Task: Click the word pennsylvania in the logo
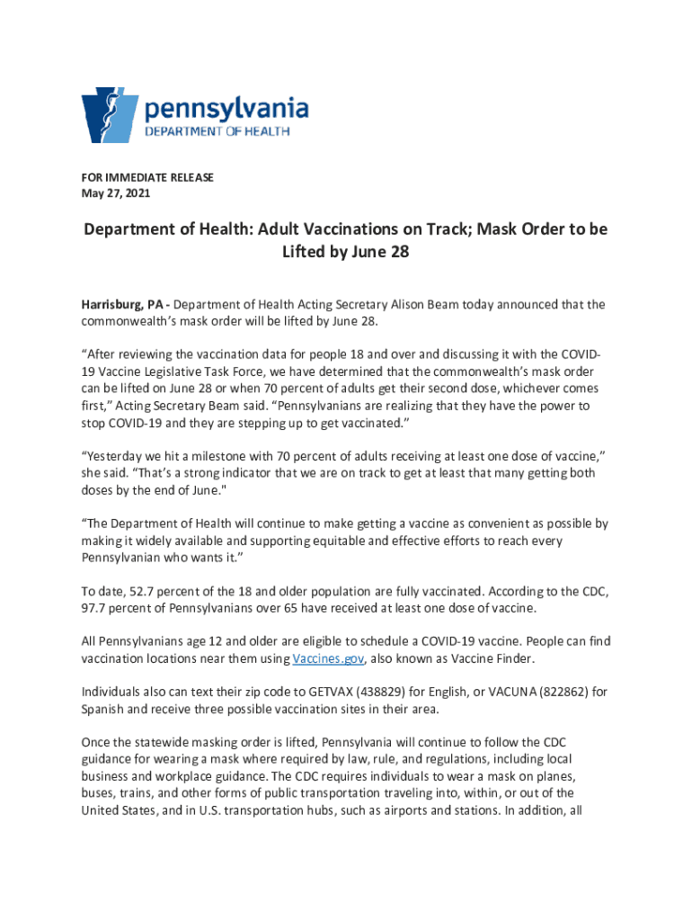pyautogui.click(x=226, y=111)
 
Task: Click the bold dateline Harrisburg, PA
pyautogui.click(x=121, y=305)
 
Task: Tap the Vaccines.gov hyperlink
pyautogui.click(x=328, y=659)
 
